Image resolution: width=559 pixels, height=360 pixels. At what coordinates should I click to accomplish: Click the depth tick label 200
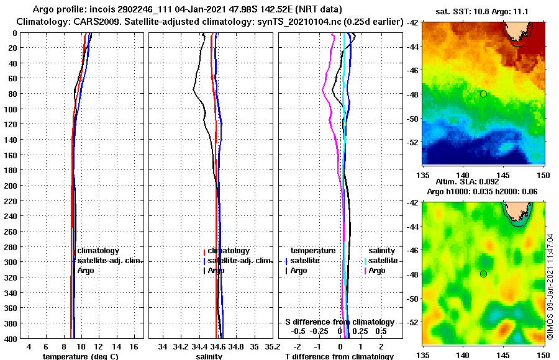click(x=11, y=185)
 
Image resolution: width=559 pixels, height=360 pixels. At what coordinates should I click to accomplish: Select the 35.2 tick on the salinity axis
click(x=273, y=346)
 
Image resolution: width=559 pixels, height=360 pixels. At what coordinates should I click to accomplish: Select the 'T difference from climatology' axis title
click(x=339, y=356)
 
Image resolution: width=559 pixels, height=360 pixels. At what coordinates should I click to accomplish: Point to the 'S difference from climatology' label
click(x=339, y=322)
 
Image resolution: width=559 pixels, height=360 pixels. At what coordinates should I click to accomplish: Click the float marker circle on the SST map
click(x=483, y=94)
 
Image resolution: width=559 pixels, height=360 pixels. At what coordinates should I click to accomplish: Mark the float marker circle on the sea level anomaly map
click(x=483, y=274)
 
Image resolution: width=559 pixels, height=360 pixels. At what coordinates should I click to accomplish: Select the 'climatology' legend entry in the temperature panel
click(x=98, y=251)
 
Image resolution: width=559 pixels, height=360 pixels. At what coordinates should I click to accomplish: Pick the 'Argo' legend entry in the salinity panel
click(x=216, y=271)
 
